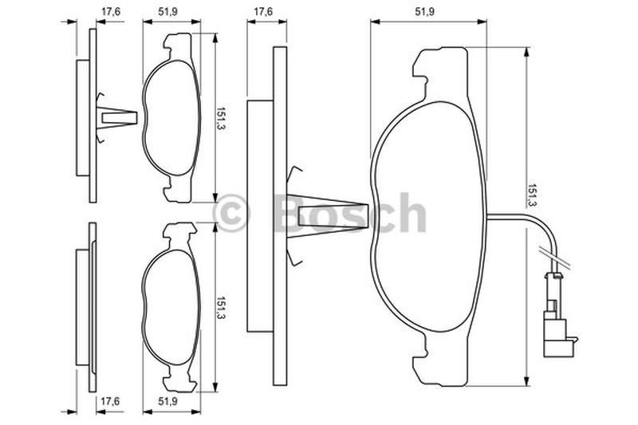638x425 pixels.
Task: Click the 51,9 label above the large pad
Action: [424, 12]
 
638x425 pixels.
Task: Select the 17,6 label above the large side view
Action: [264, 12]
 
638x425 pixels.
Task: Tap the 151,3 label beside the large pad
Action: [531, 195]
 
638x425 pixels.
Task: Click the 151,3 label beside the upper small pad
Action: [220, 119]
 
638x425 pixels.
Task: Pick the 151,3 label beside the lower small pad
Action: [220, 308]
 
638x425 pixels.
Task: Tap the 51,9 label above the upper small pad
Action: [167, 12]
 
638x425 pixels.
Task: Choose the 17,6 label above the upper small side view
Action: [111, 12]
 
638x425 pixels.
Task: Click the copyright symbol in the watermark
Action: [230, 213]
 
